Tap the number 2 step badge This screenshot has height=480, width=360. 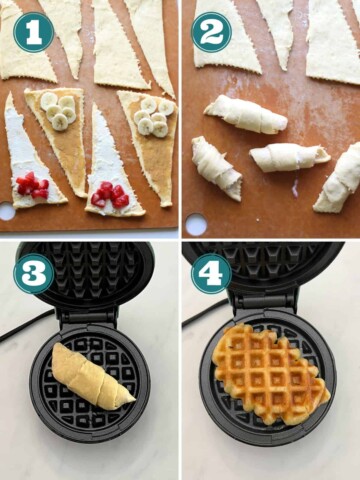[211, 31]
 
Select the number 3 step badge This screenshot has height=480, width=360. [33, 273]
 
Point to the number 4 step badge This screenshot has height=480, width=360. [211, 273]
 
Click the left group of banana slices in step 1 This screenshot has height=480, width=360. [57, 110]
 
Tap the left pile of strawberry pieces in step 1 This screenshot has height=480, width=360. [31, 185]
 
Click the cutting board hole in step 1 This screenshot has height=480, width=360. [8, 212]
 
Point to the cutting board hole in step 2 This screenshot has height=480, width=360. [196, 224]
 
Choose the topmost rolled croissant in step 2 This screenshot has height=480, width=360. [246, 114]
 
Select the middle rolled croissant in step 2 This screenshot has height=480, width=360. [287, 157]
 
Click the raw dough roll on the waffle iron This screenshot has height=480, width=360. [90, 376]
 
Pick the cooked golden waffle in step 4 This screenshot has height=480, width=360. [271, 375]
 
